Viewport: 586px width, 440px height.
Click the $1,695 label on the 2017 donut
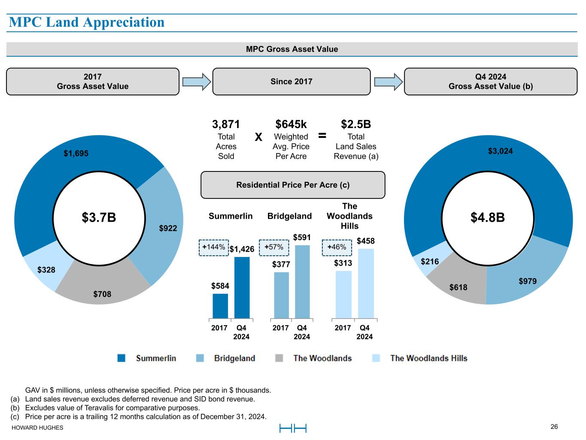click(76, 153)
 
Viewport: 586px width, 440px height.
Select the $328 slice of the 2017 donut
click(46, 270)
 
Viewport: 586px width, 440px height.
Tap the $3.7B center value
click(99, 217)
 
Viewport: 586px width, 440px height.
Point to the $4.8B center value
click(487, 217)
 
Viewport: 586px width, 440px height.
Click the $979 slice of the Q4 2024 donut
click(527, 281)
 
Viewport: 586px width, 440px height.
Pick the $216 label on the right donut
click(429, 261)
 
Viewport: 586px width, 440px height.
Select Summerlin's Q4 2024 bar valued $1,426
click(242, 287)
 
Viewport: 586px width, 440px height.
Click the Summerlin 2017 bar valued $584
click(220, 306)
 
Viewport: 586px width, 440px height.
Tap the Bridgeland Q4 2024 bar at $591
click(302, 281)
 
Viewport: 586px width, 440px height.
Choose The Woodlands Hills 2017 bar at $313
click(343, 294)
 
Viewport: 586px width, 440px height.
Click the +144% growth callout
click(214, 247)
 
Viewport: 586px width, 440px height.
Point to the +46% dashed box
click(337, 247)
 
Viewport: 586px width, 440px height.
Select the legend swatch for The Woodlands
click(279, 358)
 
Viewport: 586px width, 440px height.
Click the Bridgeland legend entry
click(234, 358)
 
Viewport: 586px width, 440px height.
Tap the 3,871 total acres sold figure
click(226, 124)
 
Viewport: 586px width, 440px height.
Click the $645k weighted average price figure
click(291, 124)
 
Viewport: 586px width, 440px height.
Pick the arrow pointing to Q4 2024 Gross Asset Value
click(388, 82)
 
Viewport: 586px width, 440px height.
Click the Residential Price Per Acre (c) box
click(293, 185)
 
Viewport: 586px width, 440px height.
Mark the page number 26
click(554, 426)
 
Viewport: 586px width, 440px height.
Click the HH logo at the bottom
click(293, 428)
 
